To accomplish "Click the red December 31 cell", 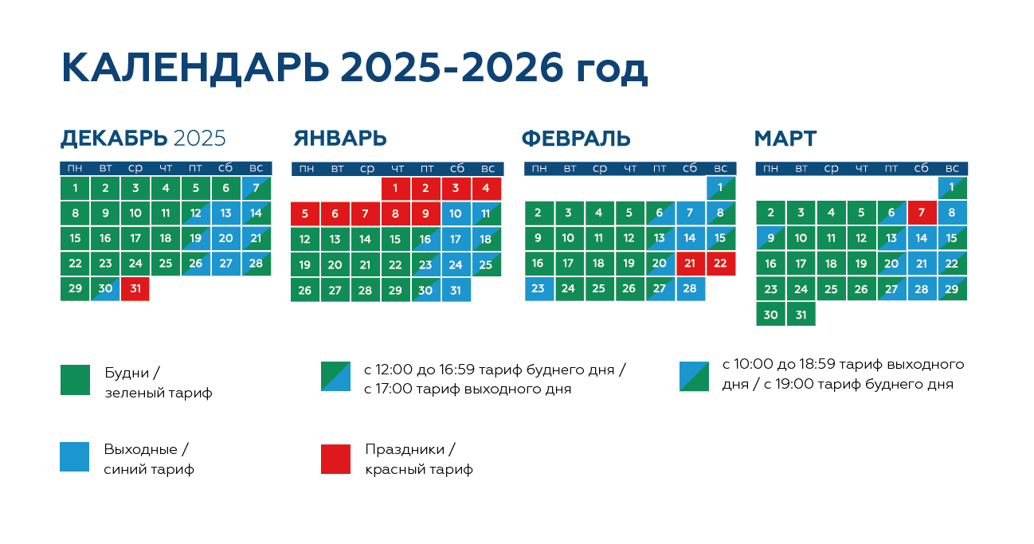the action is [x=135, y=289].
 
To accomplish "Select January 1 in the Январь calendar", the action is [x=396, y=188].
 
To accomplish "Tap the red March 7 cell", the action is [x=922, y=213].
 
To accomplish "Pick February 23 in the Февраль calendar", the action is [x=539, y=289].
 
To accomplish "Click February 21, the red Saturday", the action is [x=691, y=264].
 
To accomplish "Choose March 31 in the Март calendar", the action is [x=801, y=315].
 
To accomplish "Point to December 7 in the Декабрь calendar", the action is [x=257, y=188].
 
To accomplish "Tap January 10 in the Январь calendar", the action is [x=456, y=213].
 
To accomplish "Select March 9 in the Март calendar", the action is [x=770, y=238].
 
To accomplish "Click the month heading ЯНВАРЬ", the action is [x=340, y=139].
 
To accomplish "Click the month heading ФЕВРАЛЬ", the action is [x=576, y=139].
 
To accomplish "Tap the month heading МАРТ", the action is [x=785, y=139].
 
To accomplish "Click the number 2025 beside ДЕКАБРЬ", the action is [x=199, y=139].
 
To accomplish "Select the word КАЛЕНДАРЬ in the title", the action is [x=195, y=68].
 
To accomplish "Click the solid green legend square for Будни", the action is [x=75, y=380].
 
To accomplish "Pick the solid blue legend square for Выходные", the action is [x=74, y=457].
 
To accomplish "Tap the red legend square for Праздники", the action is [x=335, y=459].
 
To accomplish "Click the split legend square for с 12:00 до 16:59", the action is [x=335, y=376].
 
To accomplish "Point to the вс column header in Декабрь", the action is [x=257, y=168].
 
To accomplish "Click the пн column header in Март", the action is [x=770, y=168].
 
